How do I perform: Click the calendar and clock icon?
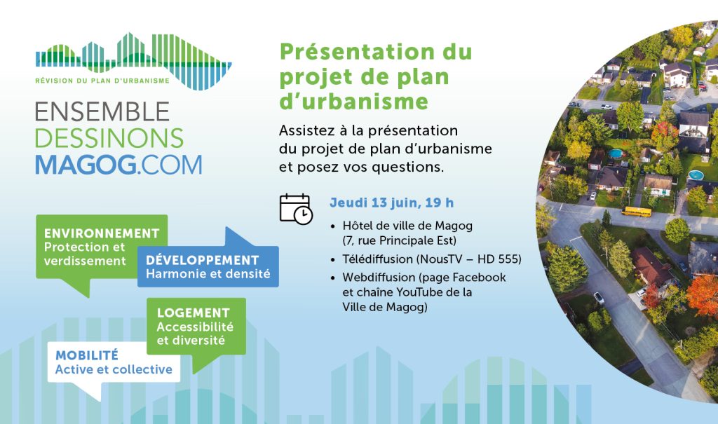coord(296,209)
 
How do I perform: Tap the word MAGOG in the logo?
coord(83,163)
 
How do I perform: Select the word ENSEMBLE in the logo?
coord(102,112)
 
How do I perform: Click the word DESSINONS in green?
coord(109,138)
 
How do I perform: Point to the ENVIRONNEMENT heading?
coord(102,233)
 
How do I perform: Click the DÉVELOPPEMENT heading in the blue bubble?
coord(203,260)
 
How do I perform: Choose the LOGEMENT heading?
coord(194,313)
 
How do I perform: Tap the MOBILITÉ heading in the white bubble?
coord(87,355)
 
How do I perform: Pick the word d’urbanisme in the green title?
coord(353,101)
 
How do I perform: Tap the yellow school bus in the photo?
coord(636,211)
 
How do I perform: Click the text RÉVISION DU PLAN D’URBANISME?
coord(102,81)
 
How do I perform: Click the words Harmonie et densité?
coord(208,274)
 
